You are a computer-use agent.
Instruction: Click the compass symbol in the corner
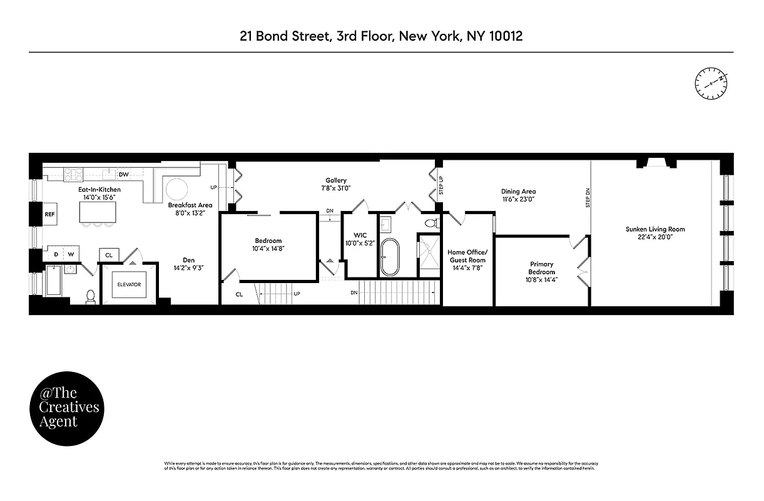[711, 83]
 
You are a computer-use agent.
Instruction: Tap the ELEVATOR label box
[129, 284]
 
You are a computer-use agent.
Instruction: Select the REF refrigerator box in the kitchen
[50, 214]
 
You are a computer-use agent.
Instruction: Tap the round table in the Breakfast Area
[176, 190]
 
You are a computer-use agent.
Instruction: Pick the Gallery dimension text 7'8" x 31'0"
[336, 188]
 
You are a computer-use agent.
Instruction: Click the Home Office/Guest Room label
[467, 256]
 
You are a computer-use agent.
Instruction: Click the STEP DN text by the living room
[587, 198]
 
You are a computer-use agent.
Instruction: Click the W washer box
[71, 254]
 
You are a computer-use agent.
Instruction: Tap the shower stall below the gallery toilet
[429, 255]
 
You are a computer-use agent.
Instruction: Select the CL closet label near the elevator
[109, 255]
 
